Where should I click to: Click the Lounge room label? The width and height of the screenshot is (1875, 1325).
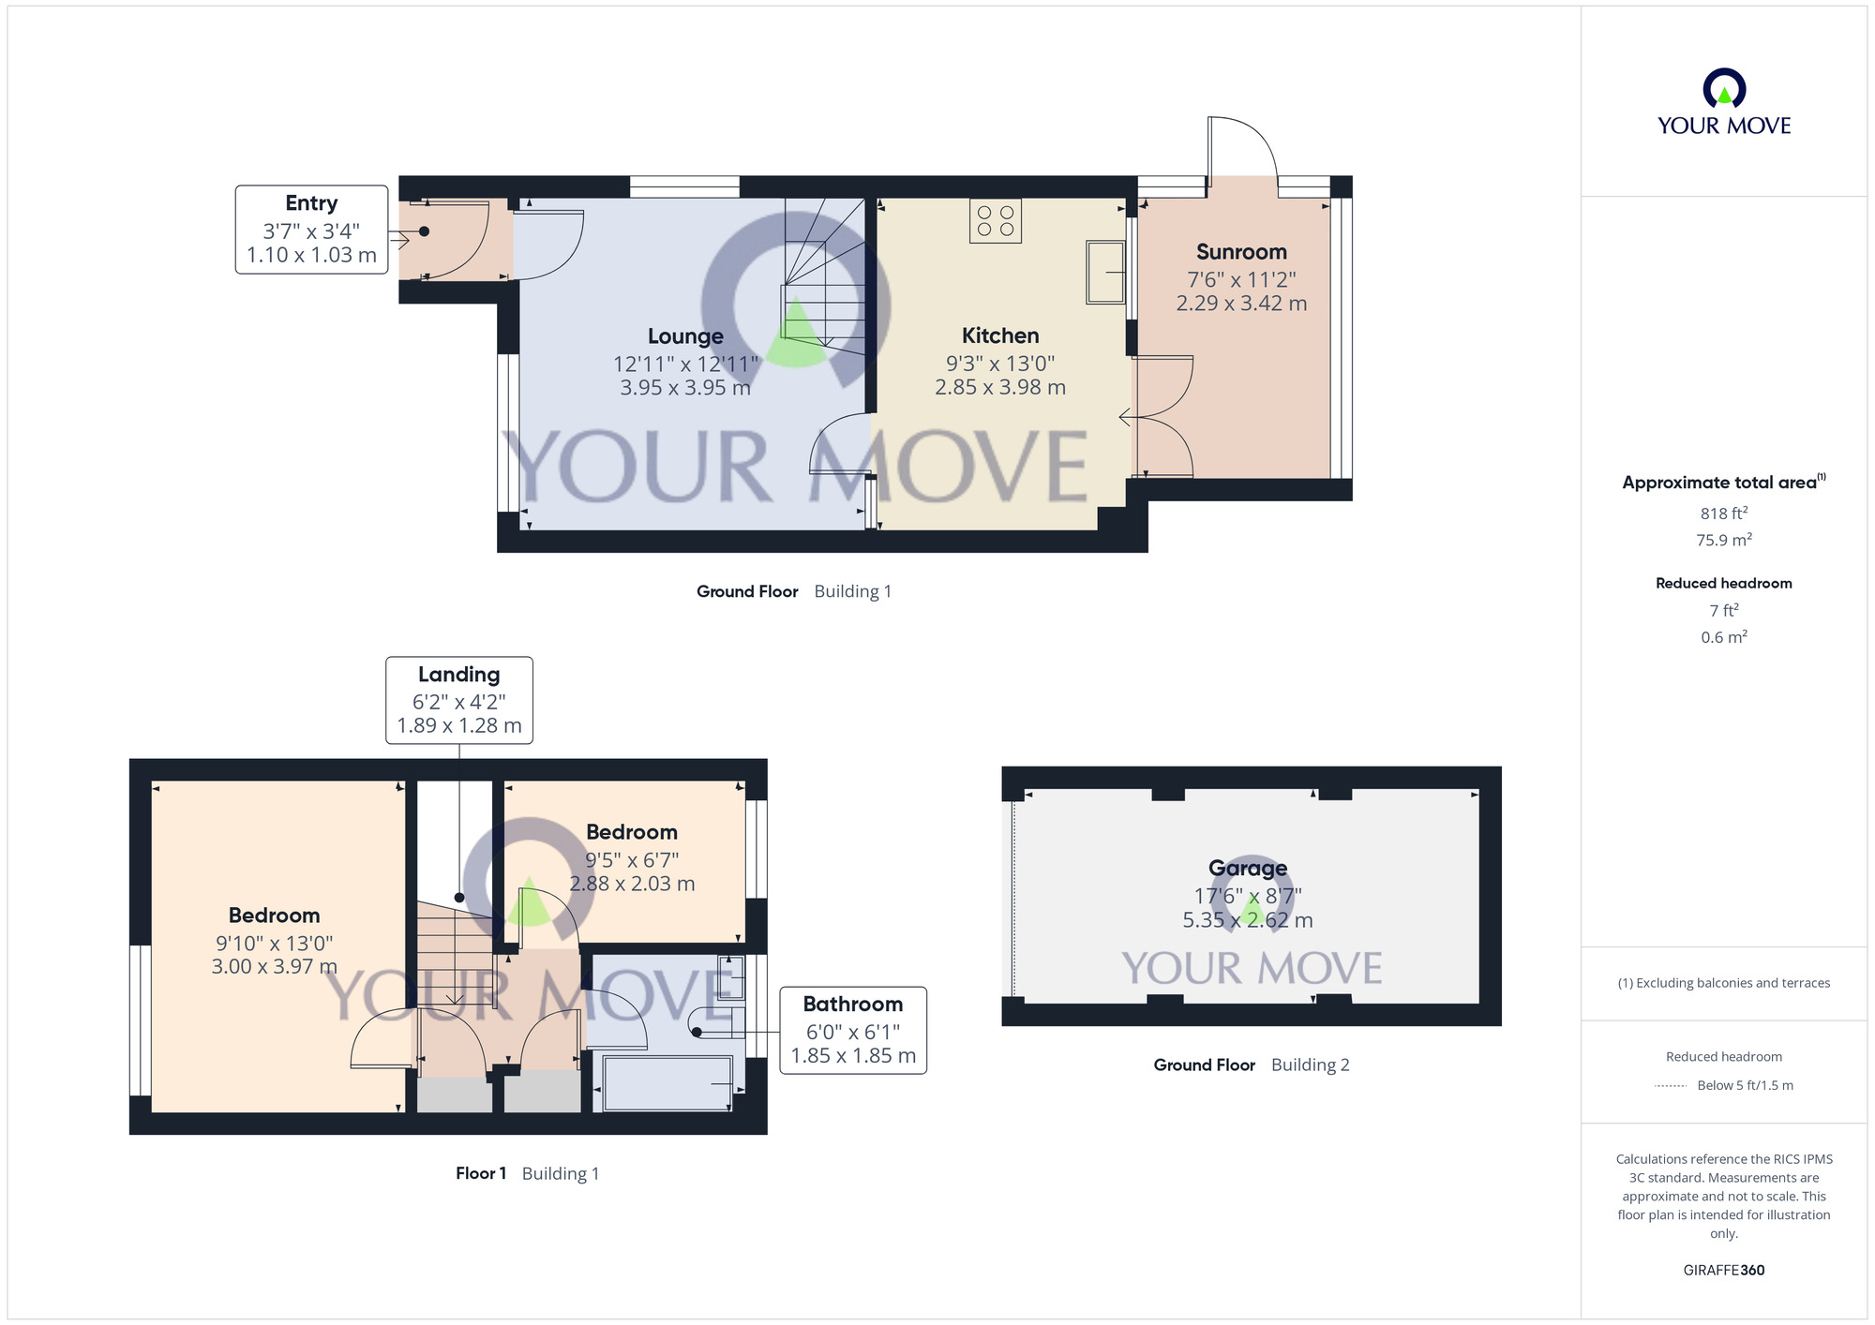tap(685, 336)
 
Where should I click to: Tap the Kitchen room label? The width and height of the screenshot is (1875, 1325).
tap(1000, 335)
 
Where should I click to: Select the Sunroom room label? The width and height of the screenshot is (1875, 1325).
tap(1241, 252)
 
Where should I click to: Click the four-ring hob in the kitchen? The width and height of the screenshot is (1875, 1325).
tap(996, 221)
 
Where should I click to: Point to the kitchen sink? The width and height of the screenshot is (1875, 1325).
tap(1105, 272)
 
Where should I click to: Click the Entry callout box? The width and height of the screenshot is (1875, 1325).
tap(311, 230)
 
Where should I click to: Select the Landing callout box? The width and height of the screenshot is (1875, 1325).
tap(459, 700)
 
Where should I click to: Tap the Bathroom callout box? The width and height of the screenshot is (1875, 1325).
tap(853, 1030)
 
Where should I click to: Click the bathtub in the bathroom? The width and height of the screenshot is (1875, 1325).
tap(667, 1083)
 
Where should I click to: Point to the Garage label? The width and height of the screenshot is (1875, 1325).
tap(1247, 868)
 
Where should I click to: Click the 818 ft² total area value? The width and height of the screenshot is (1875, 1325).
tap(1723, 514)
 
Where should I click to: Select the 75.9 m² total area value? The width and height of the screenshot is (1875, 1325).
tap(1723, 540)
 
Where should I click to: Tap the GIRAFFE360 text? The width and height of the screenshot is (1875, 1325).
tap(1723, 1271)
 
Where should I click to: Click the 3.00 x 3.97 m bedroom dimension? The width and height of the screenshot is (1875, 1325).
tap(274, 966)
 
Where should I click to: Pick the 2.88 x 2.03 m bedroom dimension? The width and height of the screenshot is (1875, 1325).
tap(632, 884)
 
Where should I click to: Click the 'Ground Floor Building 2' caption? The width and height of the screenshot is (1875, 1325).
tap(1251, 1064)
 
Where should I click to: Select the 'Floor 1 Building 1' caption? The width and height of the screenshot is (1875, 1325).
tap(527, 1173)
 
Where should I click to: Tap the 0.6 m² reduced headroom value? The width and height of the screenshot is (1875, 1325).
tap(1723, 637)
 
